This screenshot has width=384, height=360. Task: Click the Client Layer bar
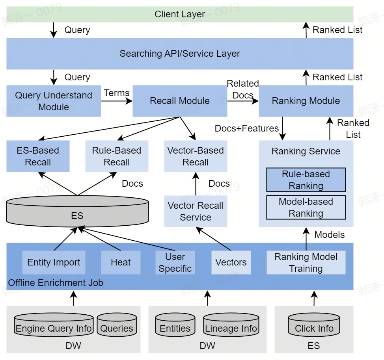180,14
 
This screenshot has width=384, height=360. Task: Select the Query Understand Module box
54,101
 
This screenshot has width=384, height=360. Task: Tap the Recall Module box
180,101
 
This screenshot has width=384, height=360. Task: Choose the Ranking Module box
306,101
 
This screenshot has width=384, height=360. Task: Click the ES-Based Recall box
38,156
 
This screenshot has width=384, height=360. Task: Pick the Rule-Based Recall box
117,156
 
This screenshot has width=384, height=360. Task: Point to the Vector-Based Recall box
196,156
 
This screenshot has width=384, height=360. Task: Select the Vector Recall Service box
196,212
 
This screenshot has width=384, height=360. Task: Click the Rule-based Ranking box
306,180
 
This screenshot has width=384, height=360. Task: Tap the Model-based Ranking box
306,208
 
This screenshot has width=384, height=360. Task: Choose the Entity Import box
54,263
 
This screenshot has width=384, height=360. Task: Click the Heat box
121,263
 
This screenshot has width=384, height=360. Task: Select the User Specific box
175,263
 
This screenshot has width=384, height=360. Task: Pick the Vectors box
231,263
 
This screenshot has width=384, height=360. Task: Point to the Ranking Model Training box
306,263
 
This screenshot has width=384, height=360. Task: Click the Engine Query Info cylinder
54,328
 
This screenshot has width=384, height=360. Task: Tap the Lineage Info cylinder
231,328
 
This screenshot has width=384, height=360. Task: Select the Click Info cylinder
314,328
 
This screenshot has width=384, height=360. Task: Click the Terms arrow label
117,93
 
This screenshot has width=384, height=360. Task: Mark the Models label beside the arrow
330,235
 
